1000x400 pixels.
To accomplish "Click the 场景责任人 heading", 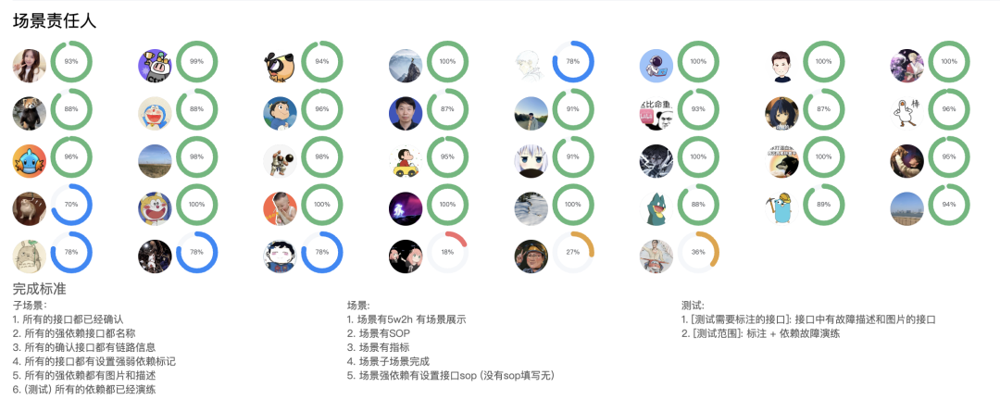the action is pos(54,20).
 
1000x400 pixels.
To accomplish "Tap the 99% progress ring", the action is pos(196,62).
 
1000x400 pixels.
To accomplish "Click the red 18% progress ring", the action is pos(447,253).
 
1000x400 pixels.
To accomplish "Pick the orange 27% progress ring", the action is pos(573,253).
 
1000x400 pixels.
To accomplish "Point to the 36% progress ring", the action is pos(698,253).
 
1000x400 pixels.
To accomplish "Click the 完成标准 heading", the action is pos(40,289).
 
